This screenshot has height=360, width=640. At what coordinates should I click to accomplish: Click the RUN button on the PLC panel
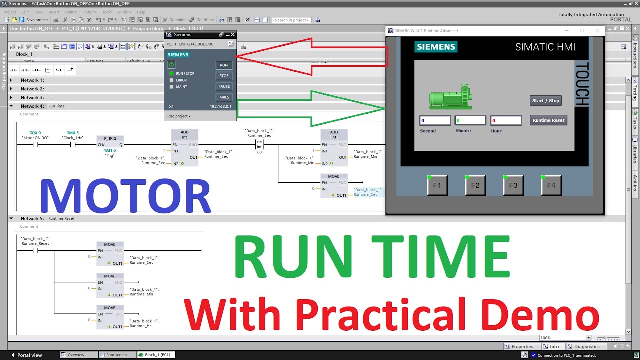(224, 65)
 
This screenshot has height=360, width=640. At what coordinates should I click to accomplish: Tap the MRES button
(224, 97)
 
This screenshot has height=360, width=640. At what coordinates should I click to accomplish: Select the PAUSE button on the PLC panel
(224, 86)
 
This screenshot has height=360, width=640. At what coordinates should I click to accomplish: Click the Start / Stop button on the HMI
(545, 101)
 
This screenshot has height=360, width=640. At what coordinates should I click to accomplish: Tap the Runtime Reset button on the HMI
(548, 120)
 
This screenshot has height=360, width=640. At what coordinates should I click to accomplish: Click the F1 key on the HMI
(437, 185)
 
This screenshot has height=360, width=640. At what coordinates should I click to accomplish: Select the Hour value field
(506, 120)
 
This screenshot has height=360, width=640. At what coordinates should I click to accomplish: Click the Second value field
(435, 120)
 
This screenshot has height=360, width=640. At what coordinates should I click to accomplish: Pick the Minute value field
(470, 120)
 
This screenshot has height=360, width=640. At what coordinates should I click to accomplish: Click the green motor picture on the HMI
(450, 97)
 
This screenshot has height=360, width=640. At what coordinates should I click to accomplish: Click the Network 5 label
(32, 218)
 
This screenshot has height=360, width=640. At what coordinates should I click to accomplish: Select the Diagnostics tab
(586, 346)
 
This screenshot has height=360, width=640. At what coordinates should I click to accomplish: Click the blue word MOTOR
(125, 197)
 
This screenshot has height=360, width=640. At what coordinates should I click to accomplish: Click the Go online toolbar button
(175, 20)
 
